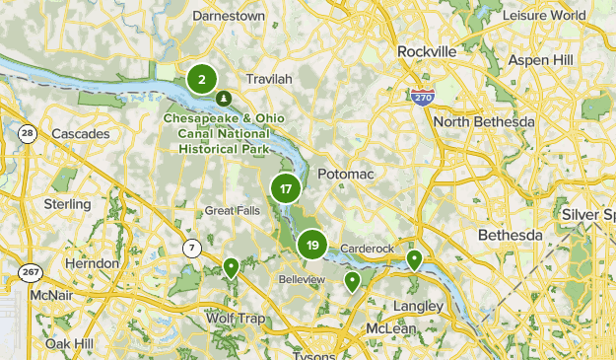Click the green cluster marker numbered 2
pos(202,79)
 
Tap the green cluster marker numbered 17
pos(286,189)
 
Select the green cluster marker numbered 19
pos(312,246)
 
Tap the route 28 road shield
pos(27,134)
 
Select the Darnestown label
pos(230,17)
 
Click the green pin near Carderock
pos(415,260)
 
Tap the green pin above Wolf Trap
pos(231,266)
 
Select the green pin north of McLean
pos(352,282)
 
